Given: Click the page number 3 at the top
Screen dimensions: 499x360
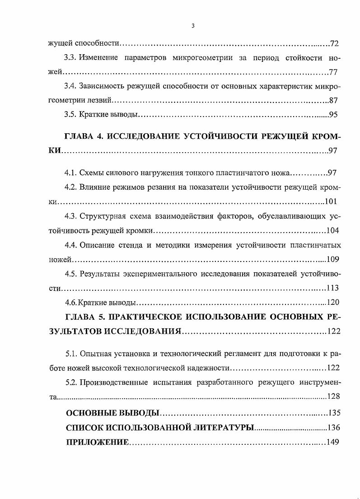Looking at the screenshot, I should pyautogui.click(x=193, y=26).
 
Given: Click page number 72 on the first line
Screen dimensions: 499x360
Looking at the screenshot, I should pyautogui.click(x=334, y=44).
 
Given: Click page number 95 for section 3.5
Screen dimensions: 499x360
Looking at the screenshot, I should pyautogui.click(x=333, y=115).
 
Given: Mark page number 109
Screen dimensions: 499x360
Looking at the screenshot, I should pyautogui.click(x=332, y=260).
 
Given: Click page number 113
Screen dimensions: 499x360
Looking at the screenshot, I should pyautogui.click(x=332, y=288).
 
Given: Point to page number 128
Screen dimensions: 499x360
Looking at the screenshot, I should pyautogui.click(x=332, y=396).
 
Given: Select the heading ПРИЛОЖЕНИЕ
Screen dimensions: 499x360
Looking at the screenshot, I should pyautogui.click(x=97, y=442).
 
